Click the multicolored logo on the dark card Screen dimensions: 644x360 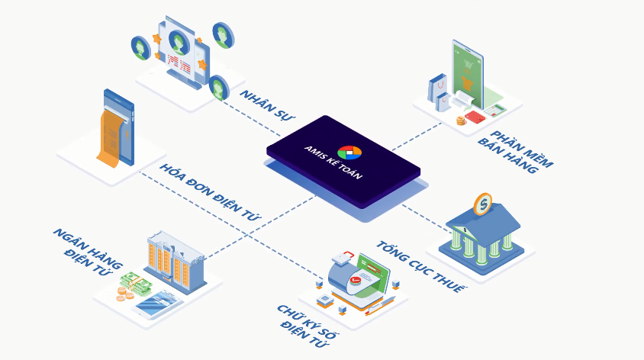click(x=349, y=152)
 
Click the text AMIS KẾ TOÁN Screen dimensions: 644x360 click(x=333, y=162)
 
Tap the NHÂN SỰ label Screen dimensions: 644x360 click(x=267, y=105)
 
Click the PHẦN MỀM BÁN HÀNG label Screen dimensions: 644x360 click(x=516, y=152)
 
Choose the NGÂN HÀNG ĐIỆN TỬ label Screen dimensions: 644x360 click(x=88, y=252)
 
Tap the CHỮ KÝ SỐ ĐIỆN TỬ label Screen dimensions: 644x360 click(x=307, y=326)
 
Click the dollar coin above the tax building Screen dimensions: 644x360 click(x=483, y=204)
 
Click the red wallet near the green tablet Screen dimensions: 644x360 click(x=475, y=117)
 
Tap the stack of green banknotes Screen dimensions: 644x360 click(x=136, y=284)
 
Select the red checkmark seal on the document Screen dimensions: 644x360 click(x=355, y=280)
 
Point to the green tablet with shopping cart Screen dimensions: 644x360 click(x=468, y=74)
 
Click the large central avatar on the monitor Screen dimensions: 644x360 click(x=179, y=42)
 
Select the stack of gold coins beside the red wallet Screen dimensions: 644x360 click(x=461, y=121)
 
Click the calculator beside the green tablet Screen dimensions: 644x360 click(x=495, y=111)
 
